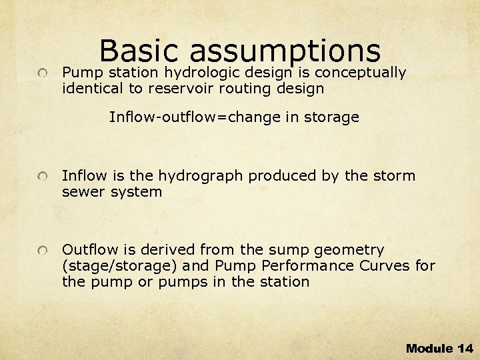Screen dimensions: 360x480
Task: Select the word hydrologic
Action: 210,72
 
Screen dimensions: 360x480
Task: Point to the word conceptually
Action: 360,72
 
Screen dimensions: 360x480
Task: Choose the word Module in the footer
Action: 429,348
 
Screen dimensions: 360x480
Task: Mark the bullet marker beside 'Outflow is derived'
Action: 42,251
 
